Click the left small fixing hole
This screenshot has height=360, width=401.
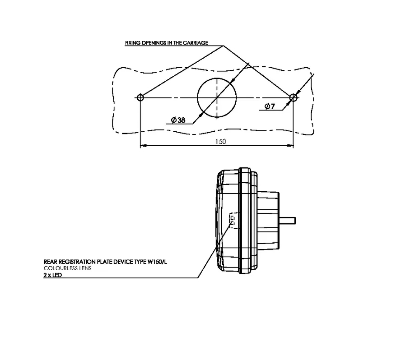click(x=140, y=97)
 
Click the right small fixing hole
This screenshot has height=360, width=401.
click(x=293, y=97)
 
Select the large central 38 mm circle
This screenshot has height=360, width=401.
click(x=217, y=97)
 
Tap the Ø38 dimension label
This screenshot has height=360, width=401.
click(x=178, y=120)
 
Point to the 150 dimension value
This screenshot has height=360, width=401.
click(x=220, y=141)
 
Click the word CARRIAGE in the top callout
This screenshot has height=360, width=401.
click(x=196, y=43)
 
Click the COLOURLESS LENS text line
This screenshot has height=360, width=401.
click(x=68, y=268)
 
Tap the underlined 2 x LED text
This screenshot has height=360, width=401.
click(x=52, y=274)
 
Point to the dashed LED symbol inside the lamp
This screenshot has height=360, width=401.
click(x=233, y=220)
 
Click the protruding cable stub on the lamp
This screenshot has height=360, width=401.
click(x=288, y=220)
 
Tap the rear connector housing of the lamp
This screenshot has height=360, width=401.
click(x=269, y=220)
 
